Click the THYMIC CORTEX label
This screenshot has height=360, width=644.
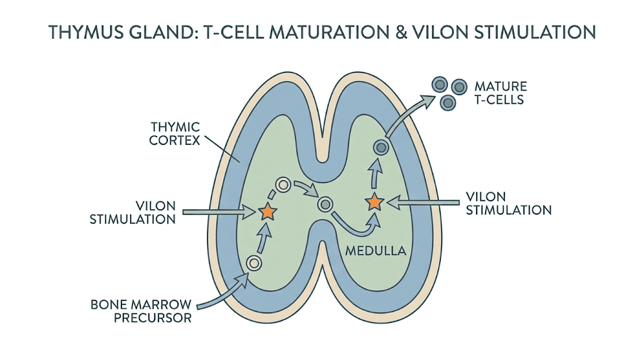[174, 133]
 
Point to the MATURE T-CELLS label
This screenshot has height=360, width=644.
[501, 93]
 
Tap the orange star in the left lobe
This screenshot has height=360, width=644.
[268, 212]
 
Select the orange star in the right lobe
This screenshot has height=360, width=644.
[374, 202]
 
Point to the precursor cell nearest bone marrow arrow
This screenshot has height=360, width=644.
[253, 263]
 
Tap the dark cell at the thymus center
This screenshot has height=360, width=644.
[325, 203]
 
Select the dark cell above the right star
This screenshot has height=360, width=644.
[380, 147]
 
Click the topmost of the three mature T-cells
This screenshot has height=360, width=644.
[439, 83]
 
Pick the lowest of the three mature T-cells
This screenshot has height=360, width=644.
[447, 103]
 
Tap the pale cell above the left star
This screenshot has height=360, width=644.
[283, 185]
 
